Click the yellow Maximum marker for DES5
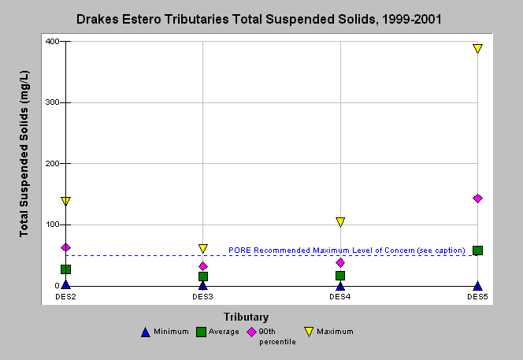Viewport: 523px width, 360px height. click(x=477, y=48)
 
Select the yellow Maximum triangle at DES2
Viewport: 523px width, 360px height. click(x=65, y=201)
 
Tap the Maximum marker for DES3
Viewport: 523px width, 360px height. click(x=202, y=248)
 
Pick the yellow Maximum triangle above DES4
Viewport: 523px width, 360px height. click(x=340, y=222)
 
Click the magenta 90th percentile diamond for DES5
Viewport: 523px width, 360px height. click(x=477, y=199)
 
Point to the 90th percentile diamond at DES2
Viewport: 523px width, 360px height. click(x=65, y=247)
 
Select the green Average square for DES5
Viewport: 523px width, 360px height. click(x=477, y=251)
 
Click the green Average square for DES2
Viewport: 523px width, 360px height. click(x=65, y=269)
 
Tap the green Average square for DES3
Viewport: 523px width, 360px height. click(x=202, y=276)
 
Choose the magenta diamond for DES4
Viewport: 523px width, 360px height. click(x=340, y=263)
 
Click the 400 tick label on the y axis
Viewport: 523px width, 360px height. click(x=52, y=42)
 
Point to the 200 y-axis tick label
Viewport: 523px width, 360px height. click(x=52, y=164)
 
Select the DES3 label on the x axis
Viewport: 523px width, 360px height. click(x=202, y=297)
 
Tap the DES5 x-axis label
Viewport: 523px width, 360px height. click(x=477, y=297)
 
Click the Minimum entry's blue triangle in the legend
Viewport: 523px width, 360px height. click(x=146, y=332)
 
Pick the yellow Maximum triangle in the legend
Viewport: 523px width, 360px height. click(x=310, y=332)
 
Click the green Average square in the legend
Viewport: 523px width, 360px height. click(x=201, y=332)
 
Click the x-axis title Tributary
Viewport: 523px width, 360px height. click(x=247, y=317)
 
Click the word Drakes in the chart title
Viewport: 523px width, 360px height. click(x=98, y=19)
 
